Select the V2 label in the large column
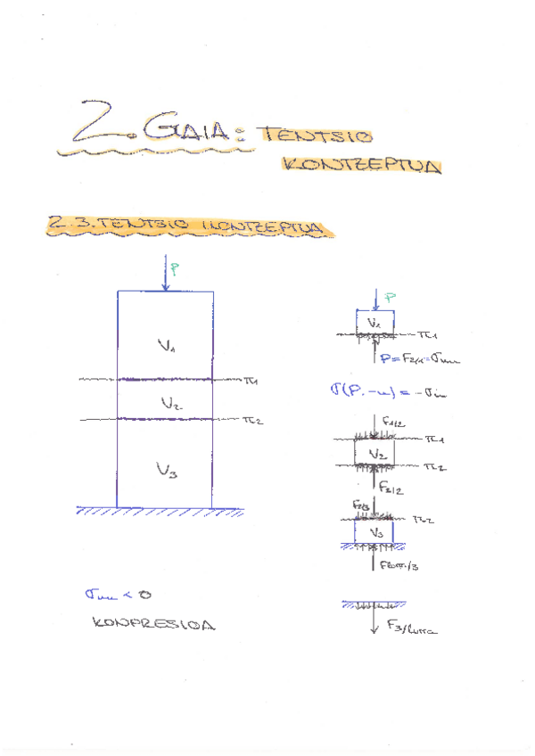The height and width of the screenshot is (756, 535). [169, 403]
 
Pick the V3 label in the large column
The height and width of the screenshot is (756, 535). [168, 470]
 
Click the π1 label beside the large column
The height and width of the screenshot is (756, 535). [251, 381]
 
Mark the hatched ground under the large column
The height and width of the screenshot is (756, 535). [160, 513]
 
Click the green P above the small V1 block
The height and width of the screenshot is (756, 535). [391, 297]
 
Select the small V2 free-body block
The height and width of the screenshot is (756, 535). [374, 455]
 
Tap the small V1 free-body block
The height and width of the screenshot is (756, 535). [375, 323]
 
